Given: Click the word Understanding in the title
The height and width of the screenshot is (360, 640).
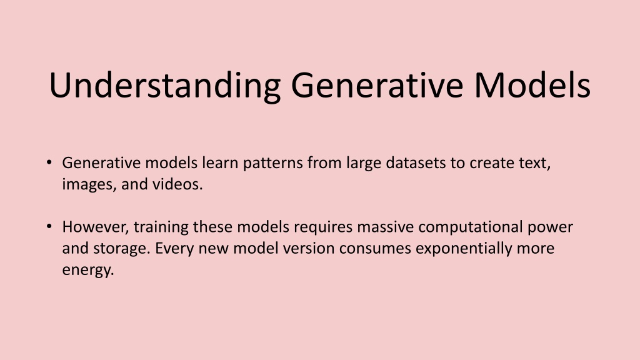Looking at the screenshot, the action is coord(165,86).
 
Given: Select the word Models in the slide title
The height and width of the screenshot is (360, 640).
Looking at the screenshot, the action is coord(532,85).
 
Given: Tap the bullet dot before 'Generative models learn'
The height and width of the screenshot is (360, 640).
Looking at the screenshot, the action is coord(49,162).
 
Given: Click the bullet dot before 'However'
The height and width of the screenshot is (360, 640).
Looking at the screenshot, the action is coord(49,226).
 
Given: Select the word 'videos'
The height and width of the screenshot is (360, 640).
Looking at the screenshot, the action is coord(177,184).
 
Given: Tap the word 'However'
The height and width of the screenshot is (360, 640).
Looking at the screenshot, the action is coord(96,227).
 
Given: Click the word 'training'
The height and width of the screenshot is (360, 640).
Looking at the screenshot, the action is coord(161,227).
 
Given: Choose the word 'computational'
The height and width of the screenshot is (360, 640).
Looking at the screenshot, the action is coord(470,227).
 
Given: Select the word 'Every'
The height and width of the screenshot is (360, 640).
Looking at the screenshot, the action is coord(174,249).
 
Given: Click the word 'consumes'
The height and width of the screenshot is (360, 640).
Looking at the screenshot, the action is coord(375,249).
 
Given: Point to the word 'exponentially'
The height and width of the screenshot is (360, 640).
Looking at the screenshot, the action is coord(464,249).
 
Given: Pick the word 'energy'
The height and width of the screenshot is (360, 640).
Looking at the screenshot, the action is coord(87,271).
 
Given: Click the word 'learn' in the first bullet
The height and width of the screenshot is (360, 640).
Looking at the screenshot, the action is coord(220,162).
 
